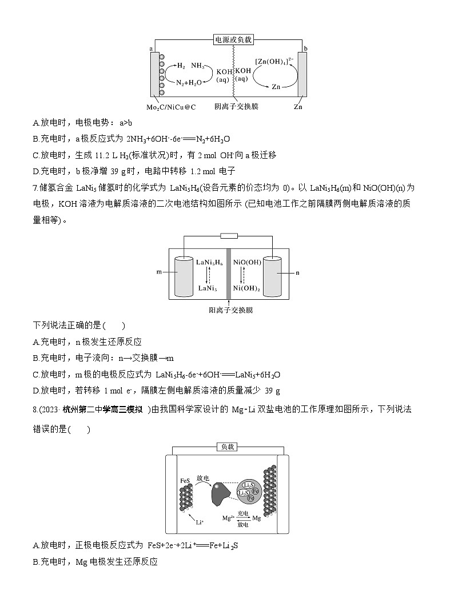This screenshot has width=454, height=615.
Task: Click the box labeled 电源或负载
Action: pos(233,39)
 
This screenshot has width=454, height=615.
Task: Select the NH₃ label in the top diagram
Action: pos(200,66)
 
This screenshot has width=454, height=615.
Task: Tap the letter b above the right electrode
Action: pos(306,49)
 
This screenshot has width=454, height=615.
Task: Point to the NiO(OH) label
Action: pos(247,262)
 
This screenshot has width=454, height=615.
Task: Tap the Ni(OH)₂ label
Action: pos(247,289)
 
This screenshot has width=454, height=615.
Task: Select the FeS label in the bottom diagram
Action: pos(185,481)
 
